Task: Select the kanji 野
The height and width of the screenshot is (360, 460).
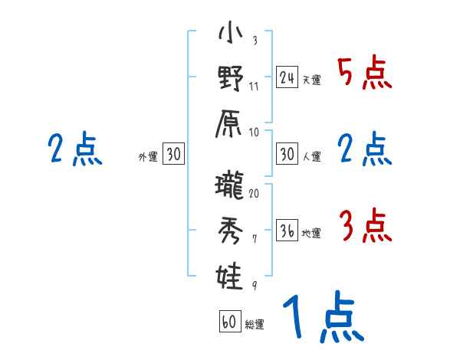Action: coord(230,78)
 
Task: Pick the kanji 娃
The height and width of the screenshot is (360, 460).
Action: coord(230,273)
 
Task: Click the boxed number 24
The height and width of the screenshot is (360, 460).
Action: coord(287,77)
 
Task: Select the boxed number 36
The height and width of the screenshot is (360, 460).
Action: coord(287,231)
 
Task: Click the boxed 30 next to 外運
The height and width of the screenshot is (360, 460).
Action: coord(173,155)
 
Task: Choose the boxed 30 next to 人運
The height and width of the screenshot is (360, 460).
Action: coord(287,155)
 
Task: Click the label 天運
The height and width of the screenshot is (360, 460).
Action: coord(311,80)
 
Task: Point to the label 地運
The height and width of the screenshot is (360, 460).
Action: coord(311,234)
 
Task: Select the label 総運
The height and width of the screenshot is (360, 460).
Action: coord(255,325)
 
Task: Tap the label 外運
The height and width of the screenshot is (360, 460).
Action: coord(148,157)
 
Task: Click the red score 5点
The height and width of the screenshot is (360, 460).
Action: coord(364,73)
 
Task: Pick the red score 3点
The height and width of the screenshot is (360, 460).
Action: coord(364,227)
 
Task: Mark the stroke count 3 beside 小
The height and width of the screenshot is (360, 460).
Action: coord(254,41)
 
